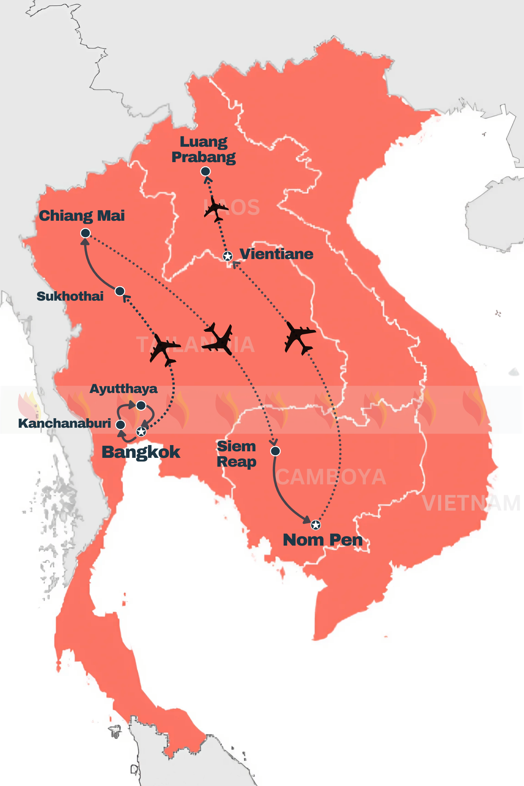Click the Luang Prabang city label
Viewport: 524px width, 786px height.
click(203, 149)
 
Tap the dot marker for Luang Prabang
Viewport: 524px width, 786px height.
click(205, 171)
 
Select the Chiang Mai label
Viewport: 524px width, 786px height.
click(82, 215)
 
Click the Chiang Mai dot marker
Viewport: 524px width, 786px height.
click(85, 233)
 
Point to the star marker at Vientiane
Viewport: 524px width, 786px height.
click(228, 256)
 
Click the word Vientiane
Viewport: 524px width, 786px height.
click(276, 254)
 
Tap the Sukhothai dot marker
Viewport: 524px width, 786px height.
click(120, 291)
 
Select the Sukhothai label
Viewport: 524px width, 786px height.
click(70, 296)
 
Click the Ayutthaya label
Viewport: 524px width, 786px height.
click(123, 389)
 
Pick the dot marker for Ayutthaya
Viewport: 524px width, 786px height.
click(141, 405)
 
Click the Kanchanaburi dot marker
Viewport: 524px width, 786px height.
click(120, 424)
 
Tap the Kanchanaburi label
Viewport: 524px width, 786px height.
click(65, 423)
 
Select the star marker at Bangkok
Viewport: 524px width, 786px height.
click(141, 431)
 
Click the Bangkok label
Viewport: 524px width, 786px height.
click(141, 452)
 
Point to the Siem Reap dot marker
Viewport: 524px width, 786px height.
click(275, 451)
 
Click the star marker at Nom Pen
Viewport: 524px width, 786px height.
click(315, 525)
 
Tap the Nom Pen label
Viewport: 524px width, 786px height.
click(323, 540)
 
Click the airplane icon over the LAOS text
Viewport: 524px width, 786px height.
click(215, 210)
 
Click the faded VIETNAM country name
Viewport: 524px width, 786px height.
click(471, 503)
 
